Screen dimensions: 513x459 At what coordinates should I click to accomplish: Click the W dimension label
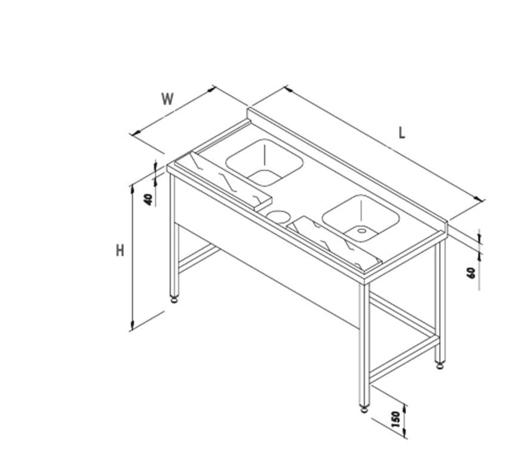(167, 99)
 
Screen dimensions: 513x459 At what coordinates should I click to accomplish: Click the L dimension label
(402, 133)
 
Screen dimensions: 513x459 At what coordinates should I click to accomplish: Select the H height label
(121, 251)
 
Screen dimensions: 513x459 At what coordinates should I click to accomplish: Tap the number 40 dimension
(149, 200)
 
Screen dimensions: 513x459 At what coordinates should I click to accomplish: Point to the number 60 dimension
(471, 273)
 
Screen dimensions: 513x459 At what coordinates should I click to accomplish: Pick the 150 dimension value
(395, 420)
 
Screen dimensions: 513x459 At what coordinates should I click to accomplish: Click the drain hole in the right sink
(361, 231)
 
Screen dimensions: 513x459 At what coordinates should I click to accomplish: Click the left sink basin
(264, 162)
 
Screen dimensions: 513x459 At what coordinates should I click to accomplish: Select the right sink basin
(361, 218)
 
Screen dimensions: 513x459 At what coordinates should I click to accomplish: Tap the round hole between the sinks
(278, 216)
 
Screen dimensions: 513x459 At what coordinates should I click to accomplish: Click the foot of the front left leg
(174, 299)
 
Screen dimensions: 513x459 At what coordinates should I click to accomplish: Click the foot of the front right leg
(364, 409)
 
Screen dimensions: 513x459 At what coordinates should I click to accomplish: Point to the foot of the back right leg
(440, 365)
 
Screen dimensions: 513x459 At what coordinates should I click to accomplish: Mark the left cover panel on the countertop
(223, 181)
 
